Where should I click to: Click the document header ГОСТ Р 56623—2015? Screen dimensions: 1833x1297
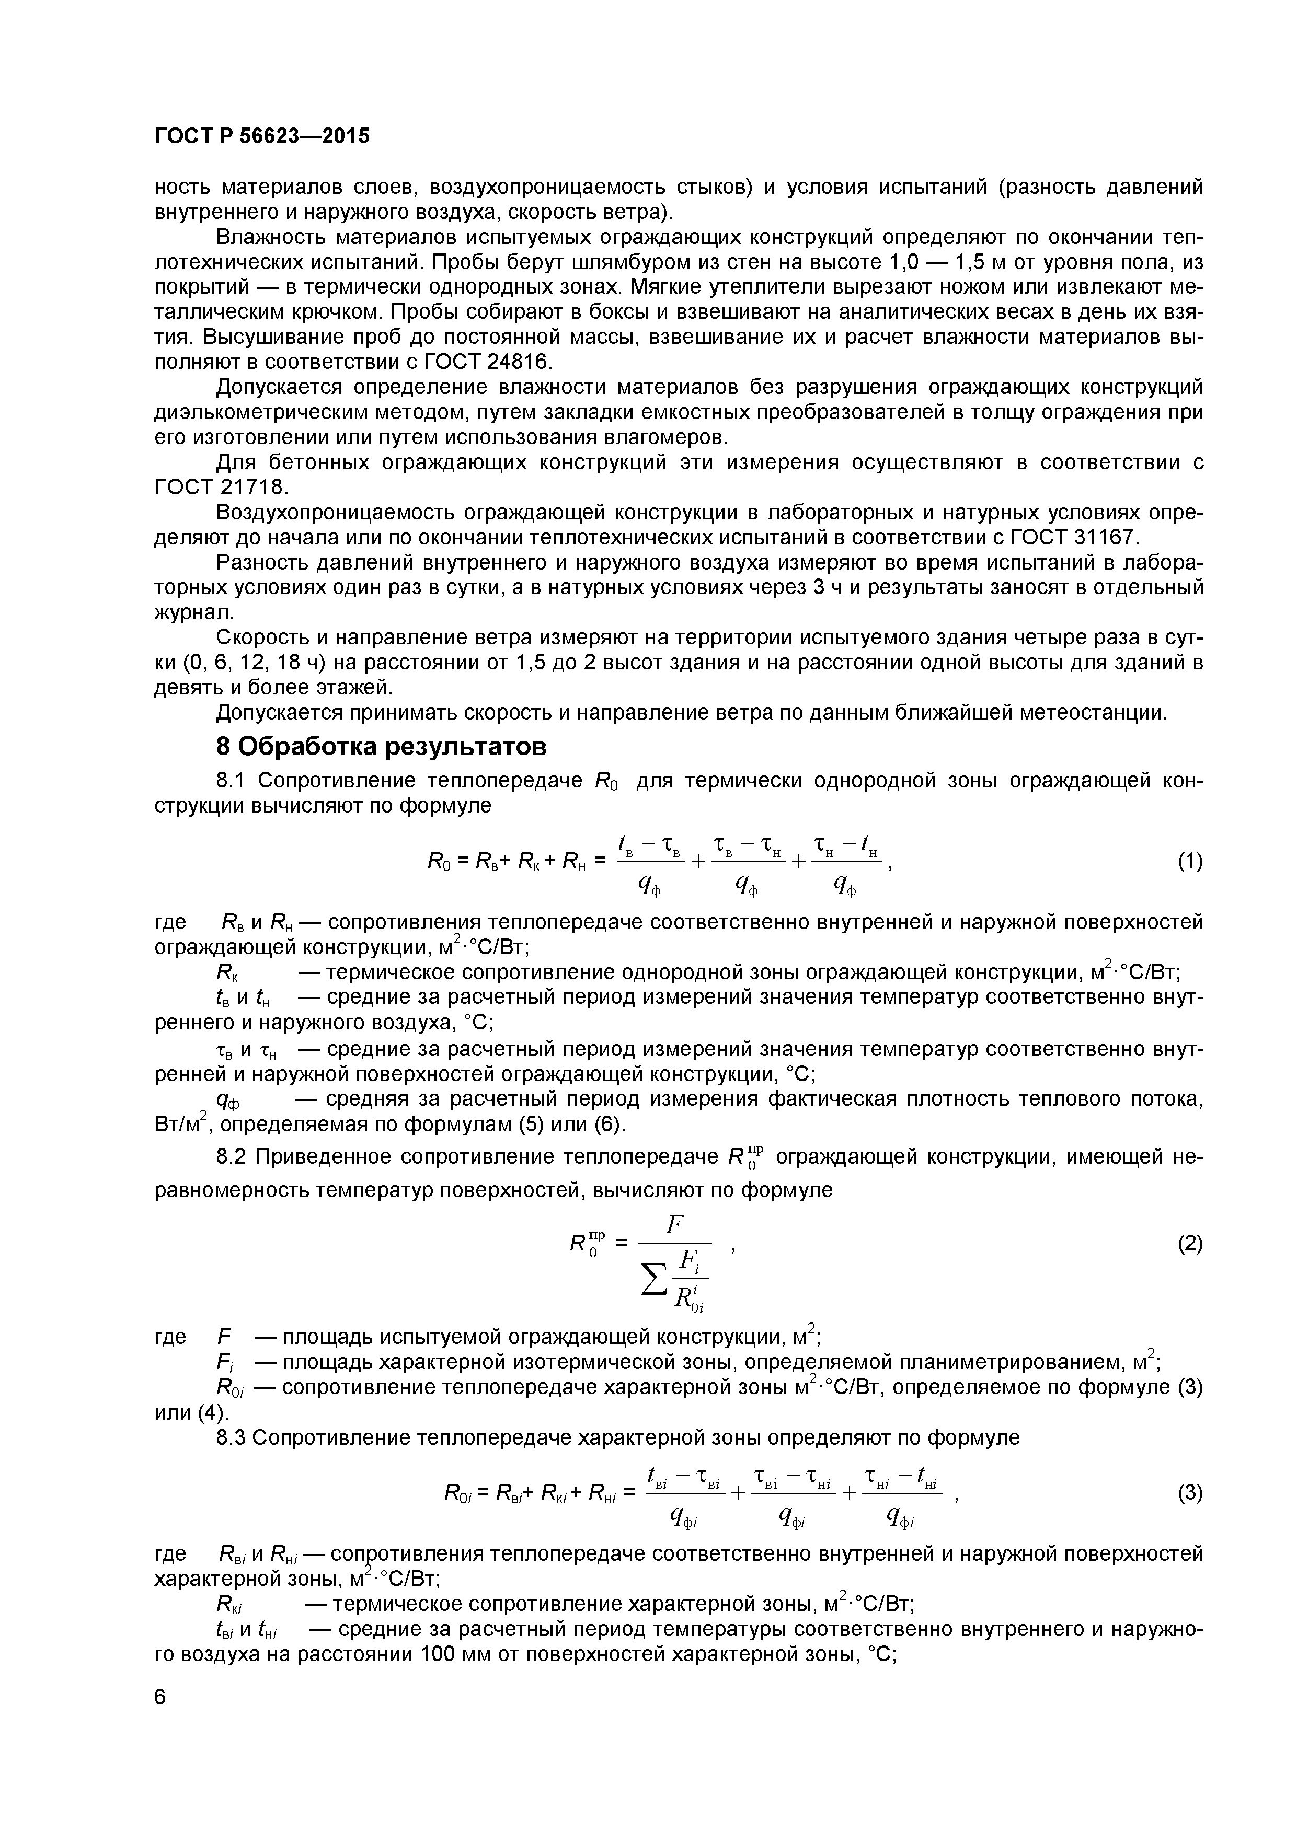click(x=261, y=136)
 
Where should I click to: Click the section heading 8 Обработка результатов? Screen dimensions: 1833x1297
click(x=382, y=747)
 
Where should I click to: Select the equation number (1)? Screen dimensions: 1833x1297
click(x=1190, y=862)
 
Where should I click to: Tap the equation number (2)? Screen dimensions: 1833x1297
click(x=1190, y=1245)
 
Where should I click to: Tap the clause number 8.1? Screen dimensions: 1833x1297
click(x=235, y=780)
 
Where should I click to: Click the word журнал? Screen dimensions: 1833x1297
click(x=191, y=612)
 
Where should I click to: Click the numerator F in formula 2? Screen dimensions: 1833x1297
click(x=675, y=1222)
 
